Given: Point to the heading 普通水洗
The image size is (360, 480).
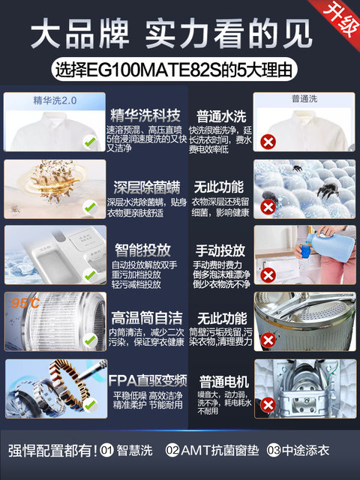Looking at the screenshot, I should coord(220,117).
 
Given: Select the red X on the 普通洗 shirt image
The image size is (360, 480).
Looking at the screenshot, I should coord(266,141).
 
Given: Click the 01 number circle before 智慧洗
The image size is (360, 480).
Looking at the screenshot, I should coord(108,450).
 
